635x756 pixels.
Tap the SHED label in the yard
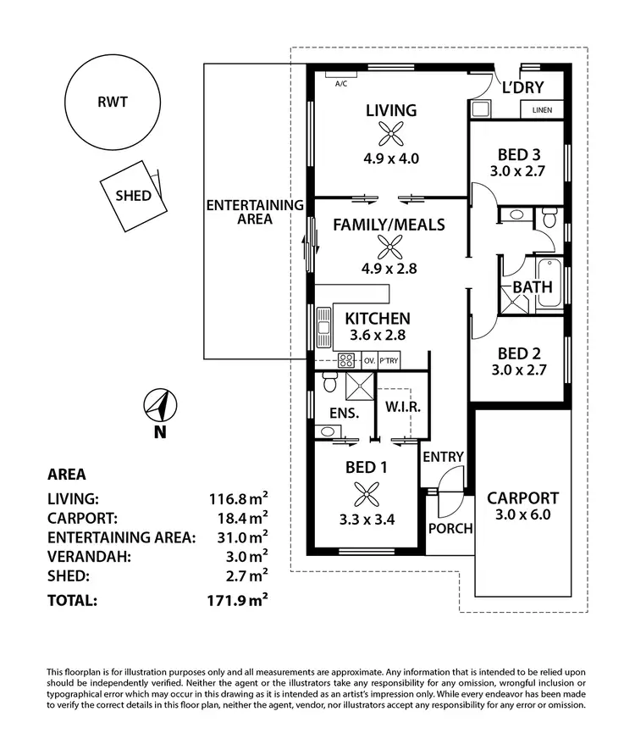point(133,196)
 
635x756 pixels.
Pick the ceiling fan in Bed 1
point(367,494)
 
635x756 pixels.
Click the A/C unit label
point(341,84)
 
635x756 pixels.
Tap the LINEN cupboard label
point(543,110)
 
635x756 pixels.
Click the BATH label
point(533,286)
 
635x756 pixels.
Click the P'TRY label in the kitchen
point(389,360)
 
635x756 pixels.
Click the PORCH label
point(450,528)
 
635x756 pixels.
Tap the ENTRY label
point(444,457)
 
